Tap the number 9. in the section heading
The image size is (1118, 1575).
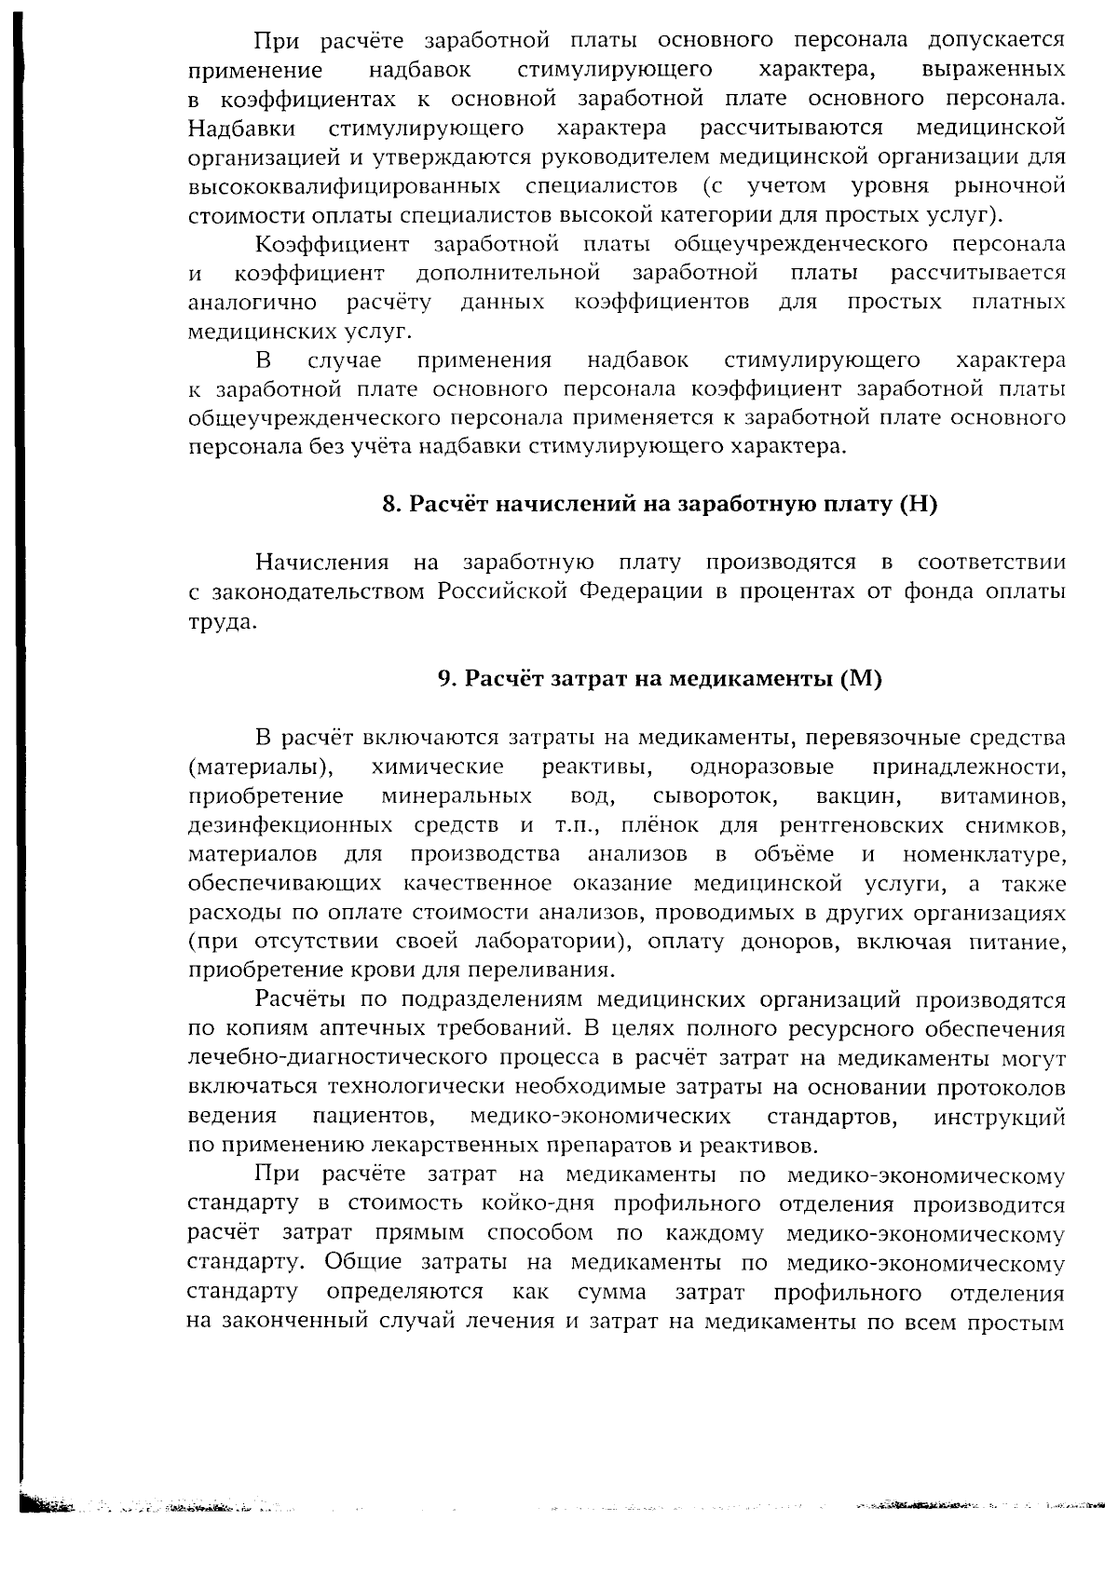[x=447, y=679]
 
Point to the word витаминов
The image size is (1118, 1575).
[x=1003, y=796]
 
